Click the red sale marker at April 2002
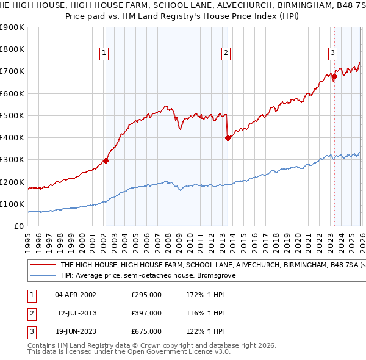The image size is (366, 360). (x=106, y=160)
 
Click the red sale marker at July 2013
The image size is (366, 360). (x=228, y=138)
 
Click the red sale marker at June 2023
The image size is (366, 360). (x=334, y=77)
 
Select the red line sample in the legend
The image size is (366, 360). (x=43, y=265)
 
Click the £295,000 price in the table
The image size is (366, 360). (x=146, y=294)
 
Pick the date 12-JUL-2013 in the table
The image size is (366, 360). (x=76, y=313)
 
